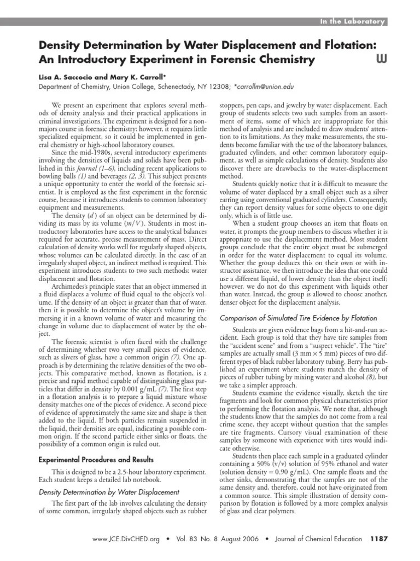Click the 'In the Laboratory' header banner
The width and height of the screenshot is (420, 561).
[x=353, y=21]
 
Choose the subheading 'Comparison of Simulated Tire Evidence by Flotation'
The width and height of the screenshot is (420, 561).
[x=298, y=318]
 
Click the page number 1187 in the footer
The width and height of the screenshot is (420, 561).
[x=378, y=539]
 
